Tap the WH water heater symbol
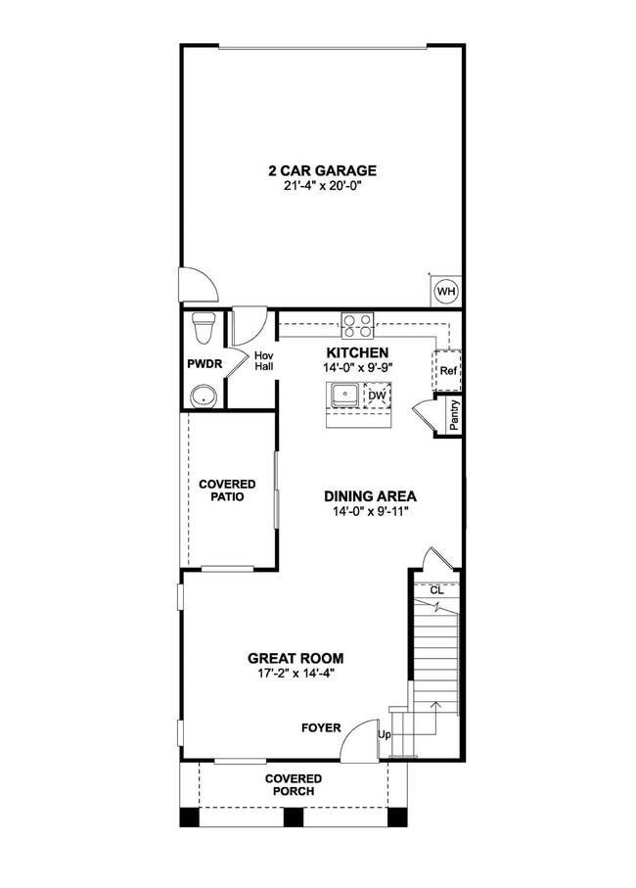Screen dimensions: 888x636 (445, 291)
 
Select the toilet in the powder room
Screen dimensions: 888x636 (204, 327)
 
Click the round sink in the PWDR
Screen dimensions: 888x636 (204, 396)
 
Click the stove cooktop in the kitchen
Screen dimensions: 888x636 (357, 323)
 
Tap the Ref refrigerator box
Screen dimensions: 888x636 (448, 371)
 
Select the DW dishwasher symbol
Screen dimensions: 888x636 (375, 397)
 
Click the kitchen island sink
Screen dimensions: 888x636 (344, 396)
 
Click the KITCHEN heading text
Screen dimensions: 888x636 (357, 352)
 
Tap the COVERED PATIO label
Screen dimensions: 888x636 (227, 491)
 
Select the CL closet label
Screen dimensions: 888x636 (436, 590)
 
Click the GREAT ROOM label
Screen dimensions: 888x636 (295, 659)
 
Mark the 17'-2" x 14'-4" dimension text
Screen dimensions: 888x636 (295, 674)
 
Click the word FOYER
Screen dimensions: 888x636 (321, 727)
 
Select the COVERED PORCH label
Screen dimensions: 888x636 (294, 784)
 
